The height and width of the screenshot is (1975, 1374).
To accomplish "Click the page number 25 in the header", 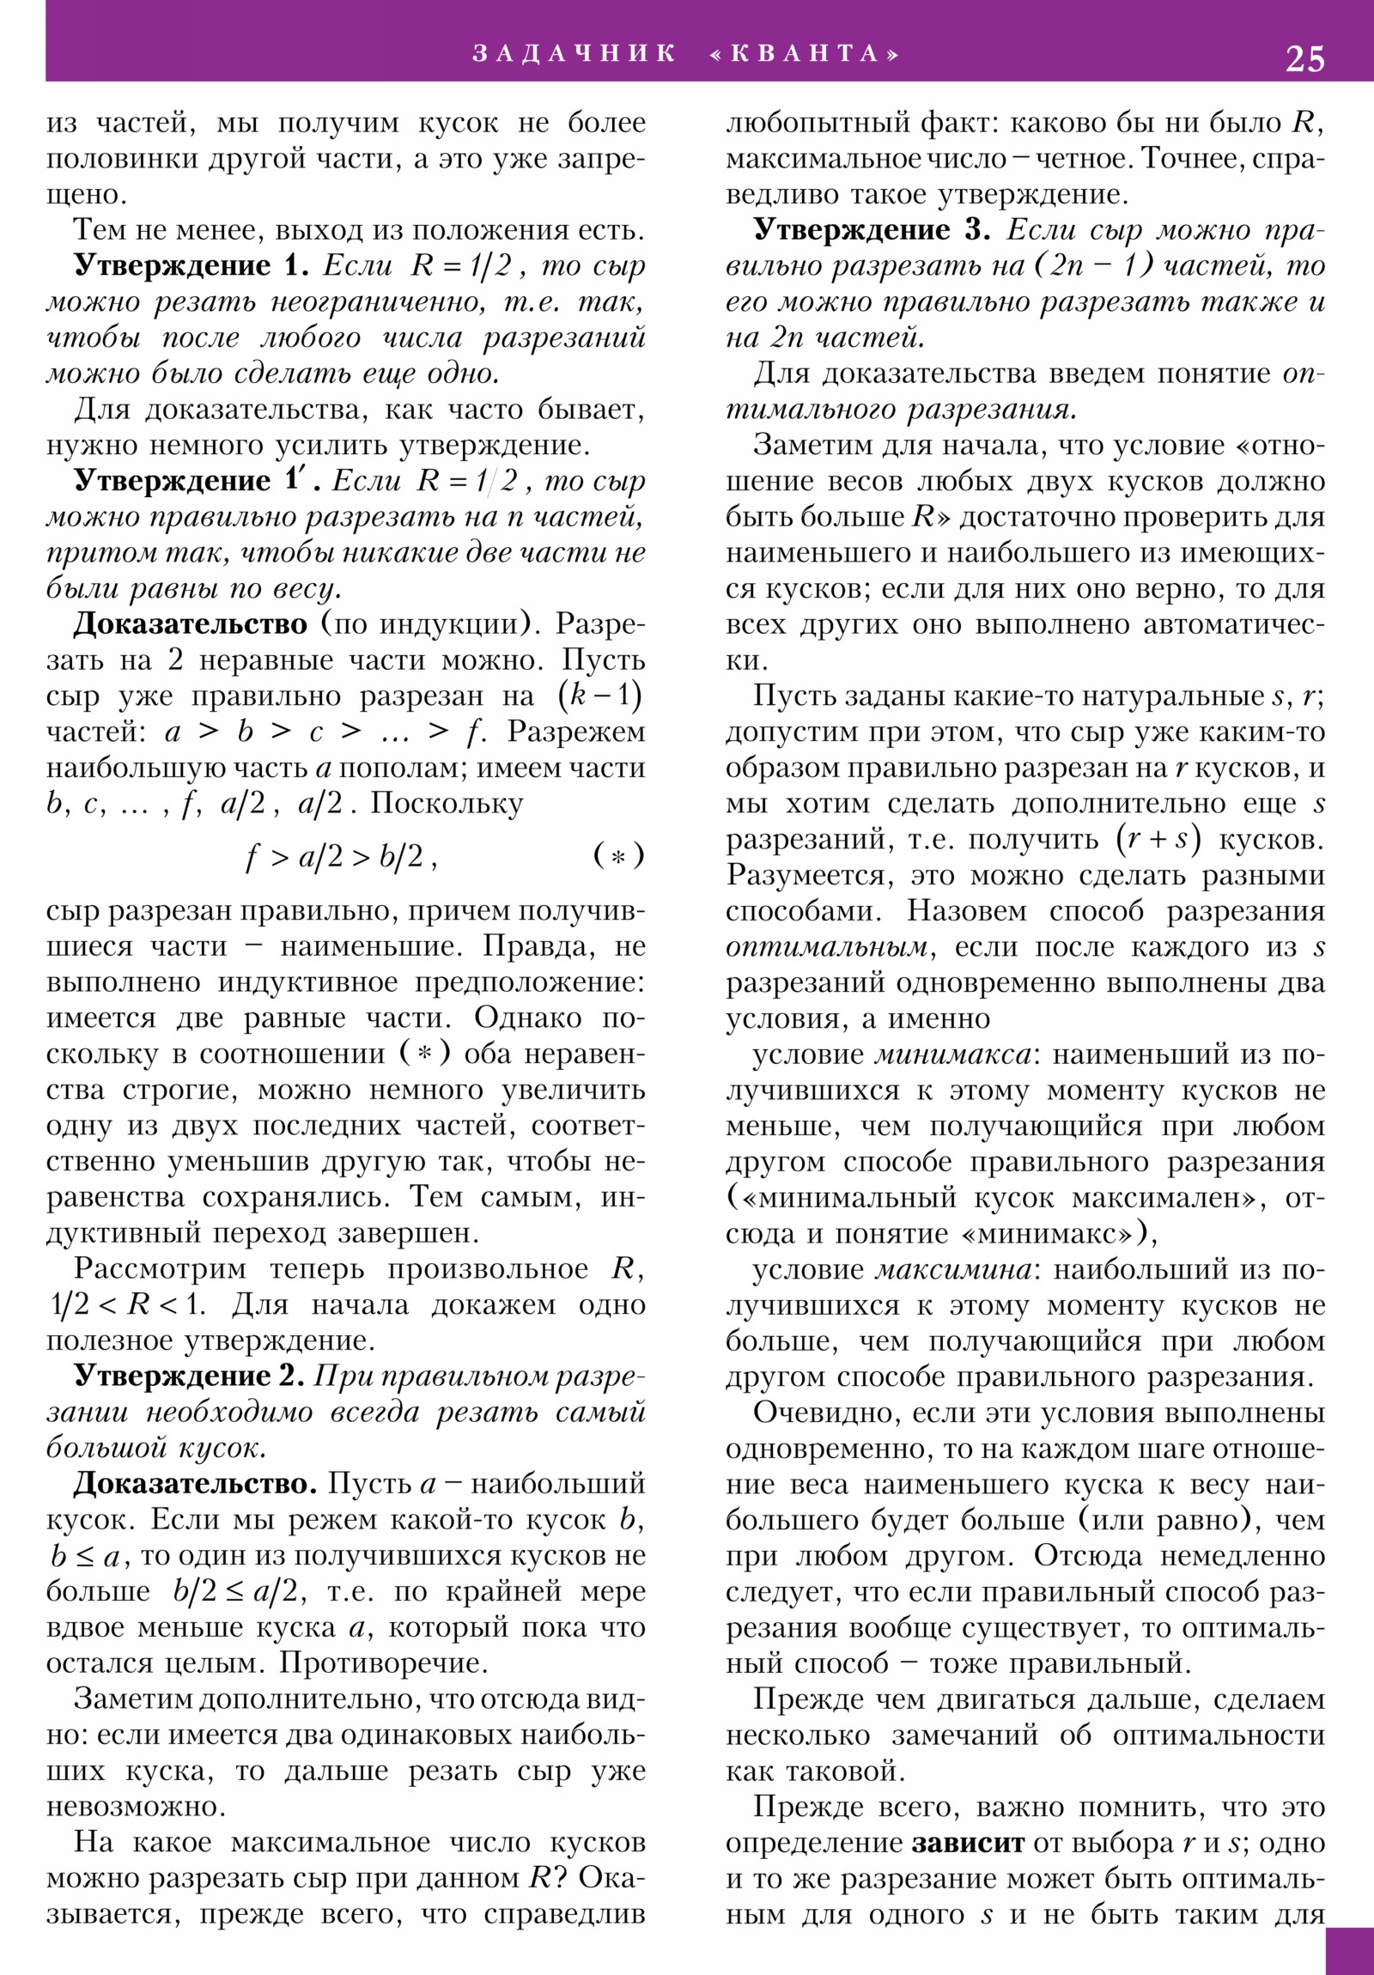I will coord(1304,58).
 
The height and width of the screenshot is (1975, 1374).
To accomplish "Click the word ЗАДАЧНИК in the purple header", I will coord(574,53).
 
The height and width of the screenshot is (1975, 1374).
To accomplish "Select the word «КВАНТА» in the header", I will coord(805,53).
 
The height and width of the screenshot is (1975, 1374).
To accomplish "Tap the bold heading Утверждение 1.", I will coord(191,266).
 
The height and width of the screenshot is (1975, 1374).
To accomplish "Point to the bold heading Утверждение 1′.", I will coord(196,480).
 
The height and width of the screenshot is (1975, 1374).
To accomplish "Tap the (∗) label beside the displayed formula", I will coord(617,856).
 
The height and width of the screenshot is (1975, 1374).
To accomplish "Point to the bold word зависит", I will coord(968,1843).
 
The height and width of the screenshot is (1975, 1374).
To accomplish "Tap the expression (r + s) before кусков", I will coord(1158,840).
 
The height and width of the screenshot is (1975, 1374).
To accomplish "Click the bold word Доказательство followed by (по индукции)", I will coord(190,623).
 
